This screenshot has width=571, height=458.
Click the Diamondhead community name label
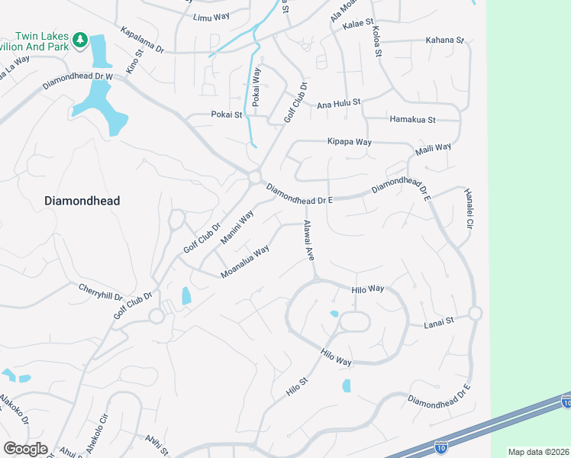click(82, 201)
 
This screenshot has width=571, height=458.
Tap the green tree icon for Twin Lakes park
click(79, 40)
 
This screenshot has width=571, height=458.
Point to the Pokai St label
click(226, 115)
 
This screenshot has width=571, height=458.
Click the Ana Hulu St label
click(338, 102)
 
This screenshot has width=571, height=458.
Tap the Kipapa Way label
click(349, 142)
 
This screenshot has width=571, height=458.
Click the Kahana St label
click(444, 40)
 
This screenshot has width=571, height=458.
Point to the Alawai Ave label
click(309, 241)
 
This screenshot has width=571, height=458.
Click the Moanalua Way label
click(245, 261)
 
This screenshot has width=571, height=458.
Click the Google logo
click(25, 449)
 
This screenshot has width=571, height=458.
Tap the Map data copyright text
click(539, 452)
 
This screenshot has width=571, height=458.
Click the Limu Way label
click(211, 17)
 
